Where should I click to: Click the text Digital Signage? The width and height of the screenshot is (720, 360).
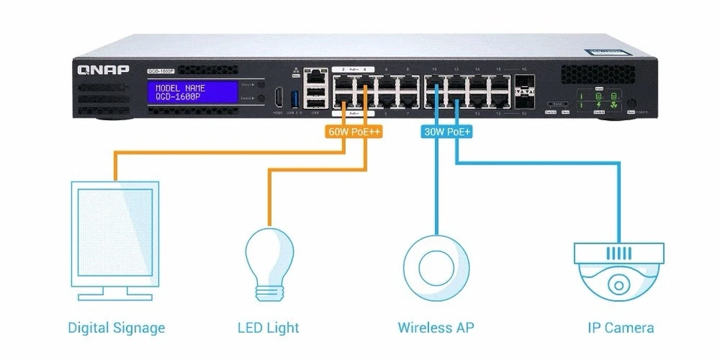pyautogui.click(x=116, y=328)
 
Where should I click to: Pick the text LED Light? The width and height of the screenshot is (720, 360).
pyautogui.click(x=268, y=328)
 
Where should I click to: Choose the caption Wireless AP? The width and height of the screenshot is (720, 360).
pyautogui.click(x=436, y=328)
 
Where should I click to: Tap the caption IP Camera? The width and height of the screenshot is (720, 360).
pyautogui.click(x=620, y=328)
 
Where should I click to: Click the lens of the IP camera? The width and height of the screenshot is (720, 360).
pyautogui.click(x=618, y=286)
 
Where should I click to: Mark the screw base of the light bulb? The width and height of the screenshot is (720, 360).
pyautogui.click(x=271, y=292)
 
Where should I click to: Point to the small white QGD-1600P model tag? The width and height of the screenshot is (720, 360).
pyautogui.click(x=160, y=72)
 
